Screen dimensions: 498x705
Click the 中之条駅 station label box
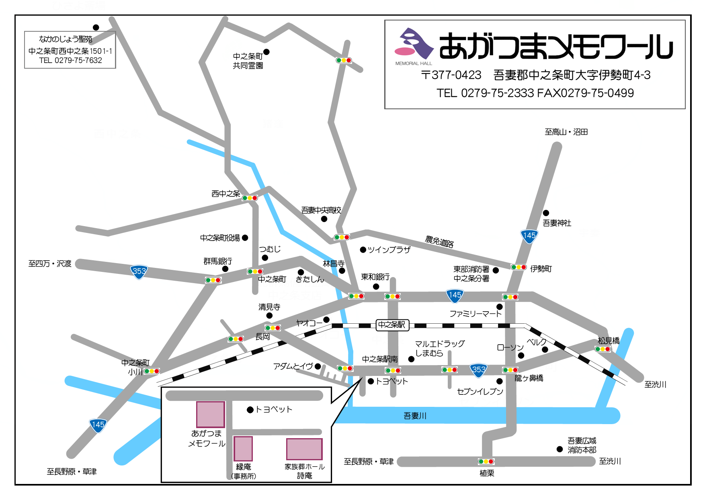click(x=392, y=325)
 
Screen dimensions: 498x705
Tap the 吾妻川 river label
click(x=415, y=416)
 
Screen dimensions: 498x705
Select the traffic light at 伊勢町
click(x=519, y=267)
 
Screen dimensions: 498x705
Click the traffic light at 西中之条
click(x=250, y=198)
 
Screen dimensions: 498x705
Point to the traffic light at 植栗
click(x=486, y=461)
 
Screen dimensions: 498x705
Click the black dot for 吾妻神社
click(x=546, y=213)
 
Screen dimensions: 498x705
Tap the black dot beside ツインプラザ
click(x=363, y=250)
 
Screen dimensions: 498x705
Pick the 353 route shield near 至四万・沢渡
click(x=139, y=271)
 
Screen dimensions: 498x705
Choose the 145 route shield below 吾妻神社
click(x=529, y=236)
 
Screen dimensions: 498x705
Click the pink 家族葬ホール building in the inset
click(x=304, y=449)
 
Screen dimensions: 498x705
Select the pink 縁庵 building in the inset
click(x=243, y=449)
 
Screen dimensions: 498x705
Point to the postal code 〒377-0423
click(x=451, y=75)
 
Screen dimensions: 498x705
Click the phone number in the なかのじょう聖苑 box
click(x=70, y=60)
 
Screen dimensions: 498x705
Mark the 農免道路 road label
click(x=439, y=242)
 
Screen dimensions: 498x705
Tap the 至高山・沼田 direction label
click(x=566, y=132)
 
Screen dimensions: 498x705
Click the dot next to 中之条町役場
click(x=245, y=238)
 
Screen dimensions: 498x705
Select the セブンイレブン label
click(x=480, y=392)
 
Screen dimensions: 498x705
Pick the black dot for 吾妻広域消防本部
click(x=559, y=449)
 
